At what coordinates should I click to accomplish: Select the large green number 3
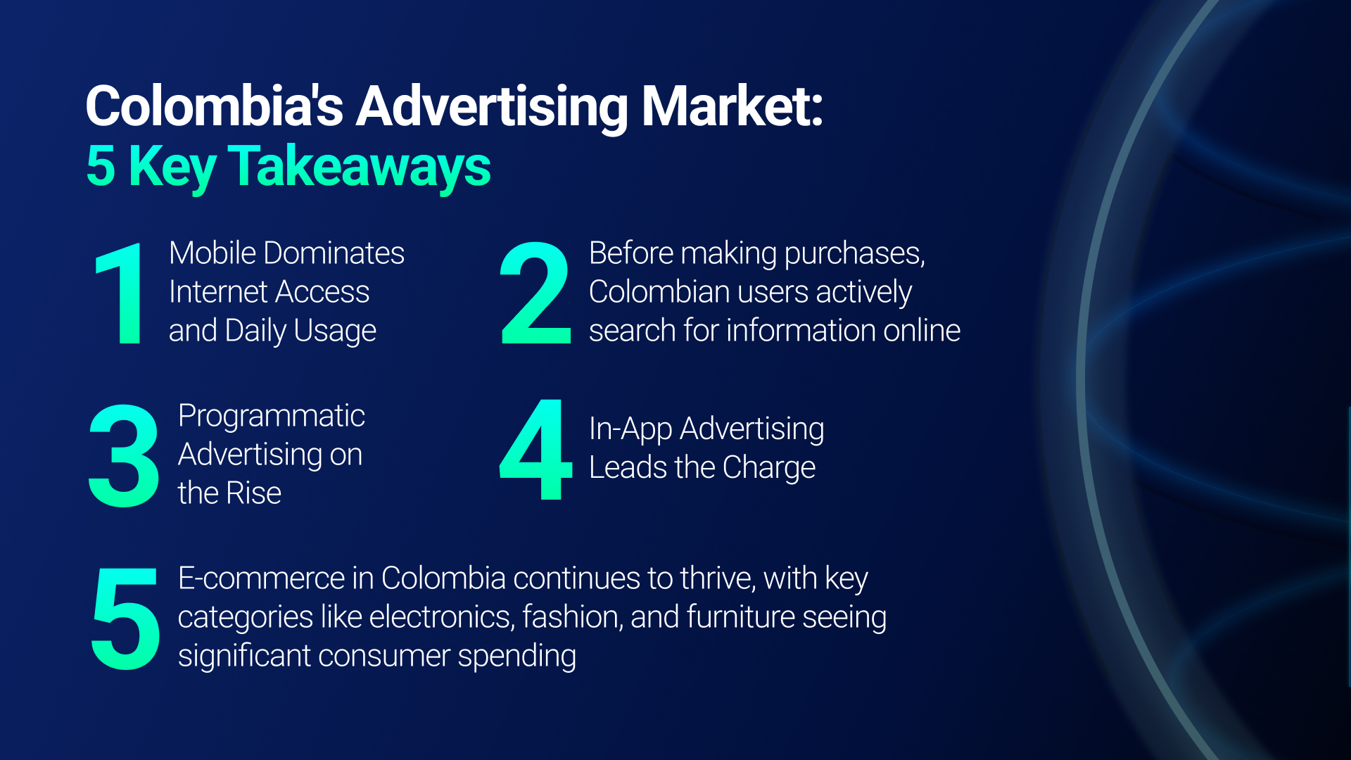pyautogui.click(x=124, y=455)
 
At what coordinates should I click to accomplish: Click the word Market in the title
pyautogui.click(x=732, y=107)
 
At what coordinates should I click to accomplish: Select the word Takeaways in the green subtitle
pyautogui.click(x=359, y=167)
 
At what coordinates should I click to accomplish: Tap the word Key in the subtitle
pyautogui.click(x=172, y=167)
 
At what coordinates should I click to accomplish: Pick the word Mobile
pyautogui.click(x=213, y=253)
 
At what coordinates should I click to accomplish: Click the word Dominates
pyautogui.click(x=334, y=253)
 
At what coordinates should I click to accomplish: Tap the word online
pyautogui.click(x=922, y=330)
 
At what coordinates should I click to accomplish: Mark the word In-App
pyautogui.click(x=630, y=429)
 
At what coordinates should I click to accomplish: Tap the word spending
pyautogui.click(x=516, y=657)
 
